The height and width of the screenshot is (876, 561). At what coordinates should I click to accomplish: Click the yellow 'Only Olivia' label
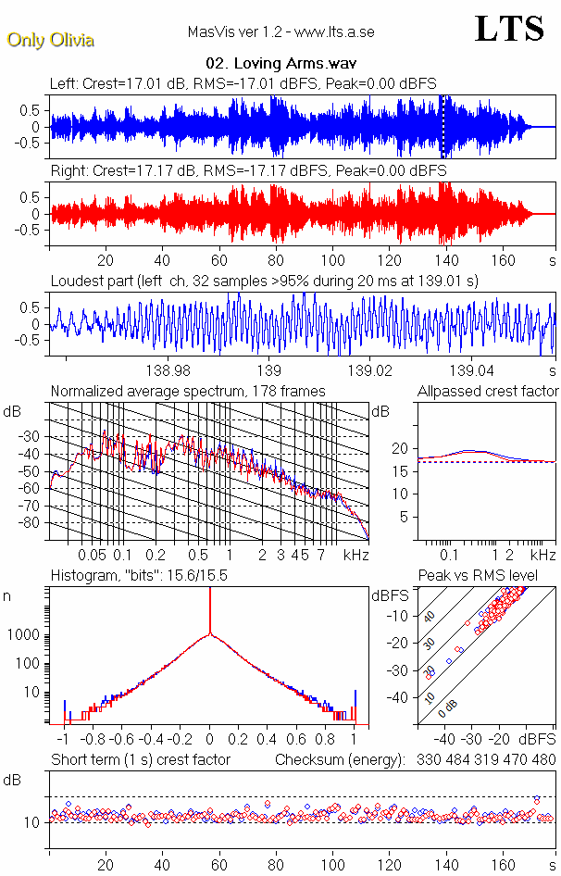coord(43,39)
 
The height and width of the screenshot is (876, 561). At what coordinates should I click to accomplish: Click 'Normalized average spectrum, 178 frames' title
coord(188,391)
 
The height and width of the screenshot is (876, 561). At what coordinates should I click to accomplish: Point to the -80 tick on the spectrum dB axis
coord(32,522)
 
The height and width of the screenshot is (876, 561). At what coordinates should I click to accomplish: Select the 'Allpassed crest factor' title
coord(488,391)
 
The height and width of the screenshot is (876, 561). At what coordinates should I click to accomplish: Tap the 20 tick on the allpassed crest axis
coord(401,448)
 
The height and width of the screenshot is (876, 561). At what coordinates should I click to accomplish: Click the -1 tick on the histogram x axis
coord(64,741)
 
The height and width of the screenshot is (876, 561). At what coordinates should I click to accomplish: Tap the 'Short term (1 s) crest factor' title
coord(140,760)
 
